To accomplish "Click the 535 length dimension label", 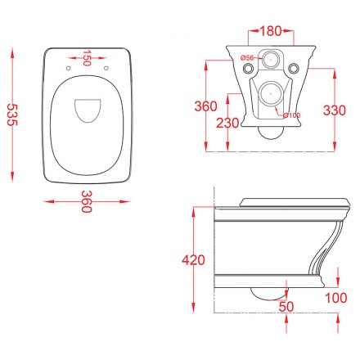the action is click(11, 115).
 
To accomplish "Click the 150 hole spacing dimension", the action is click(87, 58).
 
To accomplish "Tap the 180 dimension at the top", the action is click(271, 31).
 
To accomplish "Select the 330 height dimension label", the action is click(335, 110).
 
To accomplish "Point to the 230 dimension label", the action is click(227, 123).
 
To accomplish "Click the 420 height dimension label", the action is click(193, 260).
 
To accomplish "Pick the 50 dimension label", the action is click(286, 307).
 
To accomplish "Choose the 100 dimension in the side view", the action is click(336, 298).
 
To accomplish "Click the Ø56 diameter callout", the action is click(247, 57).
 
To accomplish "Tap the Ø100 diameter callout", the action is click(292, 115).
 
